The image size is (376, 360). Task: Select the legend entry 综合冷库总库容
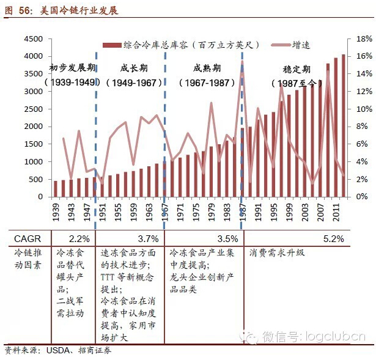coord(183,45)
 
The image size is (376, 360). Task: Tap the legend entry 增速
coord(300,45)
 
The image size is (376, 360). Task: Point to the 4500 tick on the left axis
coord(32,39)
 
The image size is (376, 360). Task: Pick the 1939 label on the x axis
coord(56,212)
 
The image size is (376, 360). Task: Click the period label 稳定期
coord(297,70)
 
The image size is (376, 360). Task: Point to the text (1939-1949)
coord(72,82)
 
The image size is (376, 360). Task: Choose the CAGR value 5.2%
coord(333,238)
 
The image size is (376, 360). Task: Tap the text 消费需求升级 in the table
coord(276,252)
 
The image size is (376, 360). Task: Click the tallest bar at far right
coord(343,125)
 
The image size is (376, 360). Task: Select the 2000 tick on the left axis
coord(32,127)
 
